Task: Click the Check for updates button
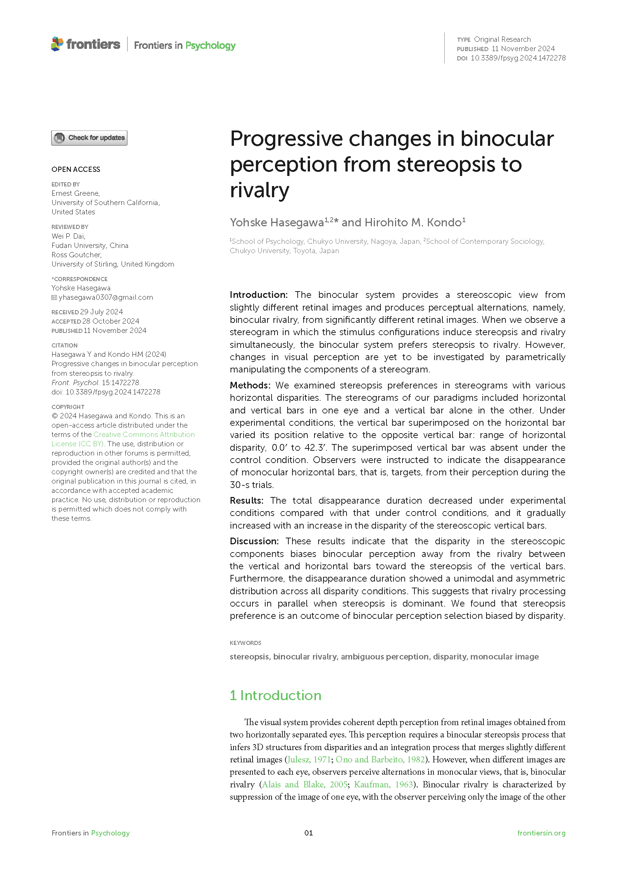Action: pos(89,138)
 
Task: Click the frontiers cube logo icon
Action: pos(57,44)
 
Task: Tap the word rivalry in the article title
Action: pos(260,190)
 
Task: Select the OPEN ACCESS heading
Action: pos(76,169)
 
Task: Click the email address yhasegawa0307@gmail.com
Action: pos(106,298)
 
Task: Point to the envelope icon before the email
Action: pos(54,298)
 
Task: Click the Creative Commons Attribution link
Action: pos(144,434)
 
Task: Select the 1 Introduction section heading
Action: pos(275,695)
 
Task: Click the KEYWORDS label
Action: pos(245,643)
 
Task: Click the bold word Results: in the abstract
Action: pos(247,501)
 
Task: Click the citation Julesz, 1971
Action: pos(309,759)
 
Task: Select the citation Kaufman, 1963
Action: pos(383,785)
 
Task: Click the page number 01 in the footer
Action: pos(308,833)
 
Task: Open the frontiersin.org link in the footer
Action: pos(541,833)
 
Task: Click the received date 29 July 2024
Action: pos(101,312)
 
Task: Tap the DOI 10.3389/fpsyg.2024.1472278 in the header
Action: pos(518,58)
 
